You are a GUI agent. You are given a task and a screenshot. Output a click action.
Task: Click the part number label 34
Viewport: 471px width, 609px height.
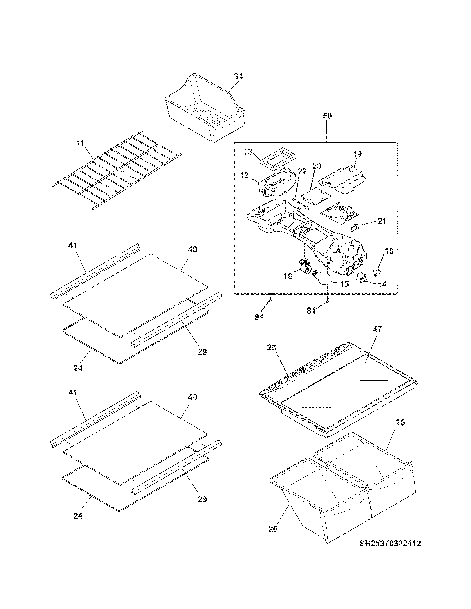[238, 76]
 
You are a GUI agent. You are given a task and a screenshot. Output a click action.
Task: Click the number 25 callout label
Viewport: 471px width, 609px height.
[272, 347]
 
